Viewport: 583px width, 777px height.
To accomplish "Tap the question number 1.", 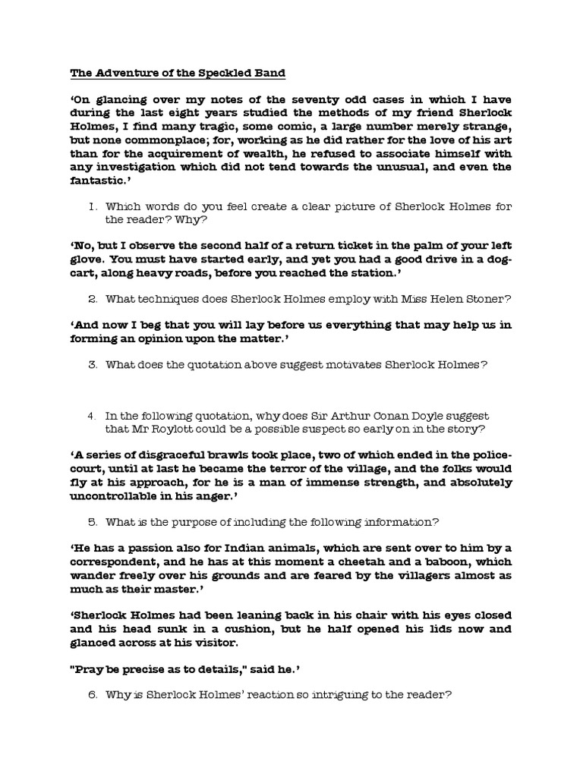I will (x=92, y=206).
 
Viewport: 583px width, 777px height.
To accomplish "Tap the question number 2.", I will (x=92, y=299).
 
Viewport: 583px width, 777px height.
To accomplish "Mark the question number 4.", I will (x=92, y=416).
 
